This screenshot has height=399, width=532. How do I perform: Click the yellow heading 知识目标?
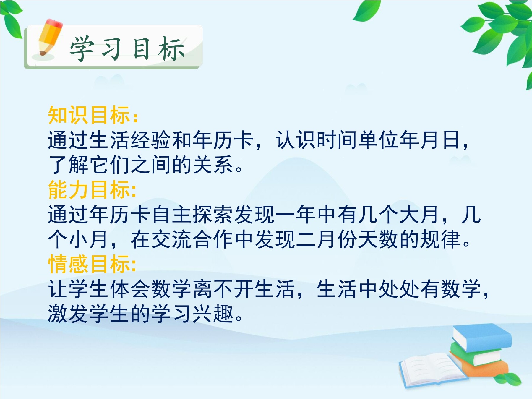click(x=89, y=115)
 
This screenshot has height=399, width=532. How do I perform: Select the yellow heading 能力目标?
click(x=89, y=189)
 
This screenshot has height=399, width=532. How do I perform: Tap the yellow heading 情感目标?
click(x=89, y=264)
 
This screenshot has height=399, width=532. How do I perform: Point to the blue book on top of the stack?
click(x=482, y=337)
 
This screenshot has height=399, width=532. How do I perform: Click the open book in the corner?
click(x=433, y=369)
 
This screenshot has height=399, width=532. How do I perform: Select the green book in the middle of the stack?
click(x=476, y=353)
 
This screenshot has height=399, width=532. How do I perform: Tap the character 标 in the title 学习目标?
click(x=171, y=49)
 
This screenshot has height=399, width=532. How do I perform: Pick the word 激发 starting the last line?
click(x=68, y=314)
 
